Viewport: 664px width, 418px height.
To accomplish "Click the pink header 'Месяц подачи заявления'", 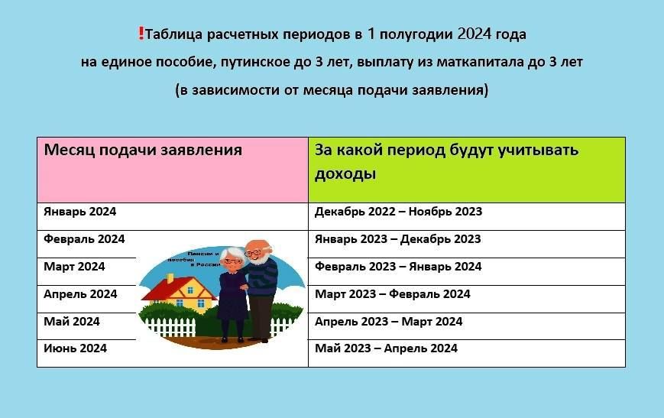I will [x=143, y=150].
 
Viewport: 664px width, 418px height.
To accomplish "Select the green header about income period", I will [x=446, y=161].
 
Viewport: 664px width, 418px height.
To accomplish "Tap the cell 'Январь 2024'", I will [x=80, y=212].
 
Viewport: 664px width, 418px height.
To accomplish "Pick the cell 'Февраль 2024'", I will [x=84, y=239].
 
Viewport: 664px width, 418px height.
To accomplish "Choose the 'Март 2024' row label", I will [x=74, y=267].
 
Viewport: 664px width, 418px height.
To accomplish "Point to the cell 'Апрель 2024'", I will [x=80, y=294].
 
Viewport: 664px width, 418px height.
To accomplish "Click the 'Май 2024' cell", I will [x=72, y=322].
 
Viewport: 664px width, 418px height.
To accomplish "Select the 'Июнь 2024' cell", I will [x=75, y=348].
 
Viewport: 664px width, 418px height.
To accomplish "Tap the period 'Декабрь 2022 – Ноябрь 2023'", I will [x=398, y=212].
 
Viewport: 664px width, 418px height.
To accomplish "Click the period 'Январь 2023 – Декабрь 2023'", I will [x=397, y=239].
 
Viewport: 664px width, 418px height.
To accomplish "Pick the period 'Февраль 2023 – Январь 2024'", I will [x=398, y=267].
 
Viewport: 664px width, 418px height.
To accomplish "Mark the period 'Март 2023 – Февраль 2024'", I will [x=392, y=294].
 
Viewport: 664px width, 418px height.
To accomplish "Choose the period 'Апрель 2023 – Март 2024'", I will [x=388, y=322].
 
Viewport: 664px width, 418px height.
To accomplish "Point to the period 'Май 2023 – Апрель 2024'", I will [x=386, y=348].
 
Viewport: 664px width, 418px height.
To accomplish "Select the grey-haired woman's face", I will [x=233, y=259].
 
